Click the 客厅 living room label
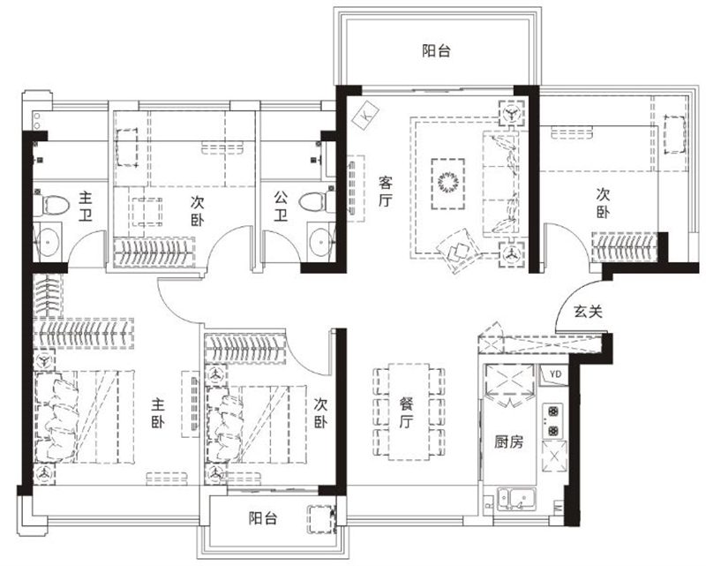(x=386, y=192)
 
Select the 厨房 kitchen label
(x=509, y=442)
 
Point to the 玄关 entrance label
(x=588, y=311)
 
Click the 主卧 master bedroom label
(x=158, y=412)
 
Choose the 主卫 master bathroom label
(x=86, y=206)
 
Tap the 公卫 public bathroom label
(x=282, y=206)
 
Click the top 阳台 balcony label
(x=436, y=50)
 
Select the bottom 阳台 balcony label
(x=263, y=518)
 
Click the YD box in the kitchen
(x=555, y=374)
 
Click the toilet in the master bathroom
(x=51, y=205)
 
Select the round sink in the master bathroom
(x=49, y=241)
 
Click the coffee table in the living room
(x=447, y=184)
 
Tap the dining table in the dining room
(x=409, y=411)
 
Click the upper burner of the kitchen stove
(x=553, y=411)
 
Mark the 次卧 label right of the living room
(x=604, y=203)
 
